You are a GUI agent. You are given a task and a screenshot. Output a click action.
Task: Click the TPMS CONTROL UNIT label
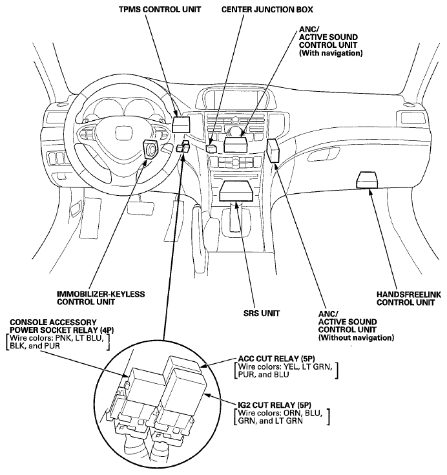point(160,10)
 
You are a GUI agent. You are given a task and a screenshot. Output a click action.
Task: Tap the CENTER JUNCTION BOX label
point(267,10)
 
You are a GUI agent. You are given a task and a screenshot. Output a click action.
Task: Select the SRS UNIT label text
point(262,313)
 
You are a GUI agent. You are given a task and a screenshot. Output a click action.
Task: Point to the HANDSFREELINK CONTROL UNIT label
point(409,299)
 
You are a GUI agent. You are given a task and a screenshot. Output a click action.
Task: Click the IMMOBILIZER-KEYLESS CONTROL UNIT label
point(101,298)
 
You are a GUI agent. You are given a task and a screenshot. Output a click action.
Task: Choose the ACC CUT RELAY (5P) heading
point(276,359)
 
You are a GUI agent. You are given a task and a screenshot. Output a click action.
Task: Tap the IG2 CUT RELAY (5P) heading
point(275,405)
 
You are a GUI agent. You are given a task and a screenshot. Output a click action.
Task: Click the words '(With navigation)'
point(331,53)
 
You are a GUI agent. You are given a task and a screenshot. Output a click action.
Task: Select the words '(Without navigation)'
point(356,337)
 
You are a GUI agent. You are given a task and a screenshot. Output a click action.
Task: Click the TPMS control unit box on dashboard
point(181,124)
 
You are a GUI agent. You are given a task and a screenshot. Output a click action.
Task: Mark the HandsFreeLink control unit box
point(367,180)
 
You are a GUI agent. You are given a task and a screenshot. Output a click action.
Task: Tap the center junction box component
point(211,148)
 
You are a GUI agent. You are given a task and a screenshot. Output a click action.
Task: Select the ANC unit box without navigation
point(273,151)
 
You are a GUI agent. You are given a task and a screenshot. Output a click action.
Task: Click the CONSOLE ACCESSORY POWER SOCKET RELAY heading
point(62,326)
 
